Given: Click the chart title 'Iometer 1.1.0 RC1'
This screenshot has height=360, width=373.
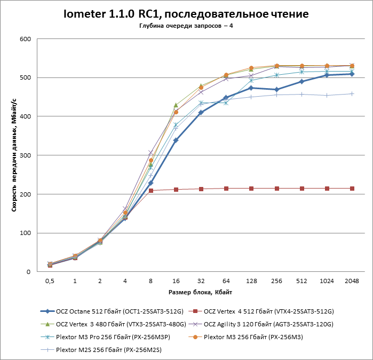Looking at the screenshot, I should (186, 14).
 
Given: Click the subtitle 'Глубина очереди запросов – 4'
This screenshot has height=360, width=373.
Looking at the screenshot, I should (186, 26).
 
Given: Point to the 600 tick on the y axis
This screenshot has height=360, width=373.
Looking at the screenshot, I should (25, 39).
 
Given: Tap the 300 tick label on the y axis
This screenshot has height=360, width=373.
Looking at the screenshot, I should (25, 155).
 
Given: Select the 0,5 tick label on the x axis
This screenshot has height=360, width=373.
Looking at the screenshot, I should (50, 280).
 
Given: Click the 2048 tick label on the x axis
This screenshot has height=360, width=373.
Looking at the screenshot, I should (352, 280).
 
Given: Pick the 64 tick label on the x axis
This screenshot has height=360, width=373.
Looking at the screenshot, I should (226, 280).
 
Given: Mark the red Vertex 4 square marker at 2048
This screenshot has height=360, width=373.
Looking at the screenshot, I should (352, 189).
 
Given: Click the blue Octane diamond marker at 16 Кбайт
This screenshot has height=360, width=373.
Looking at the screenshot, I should (176, 140).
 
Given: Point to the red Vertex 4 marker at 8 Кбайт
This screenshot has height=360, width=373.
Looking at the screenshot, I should (150, 191).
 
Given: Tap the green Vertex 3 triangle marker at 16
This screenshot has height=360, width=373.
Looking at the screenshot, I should (176, 105).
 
